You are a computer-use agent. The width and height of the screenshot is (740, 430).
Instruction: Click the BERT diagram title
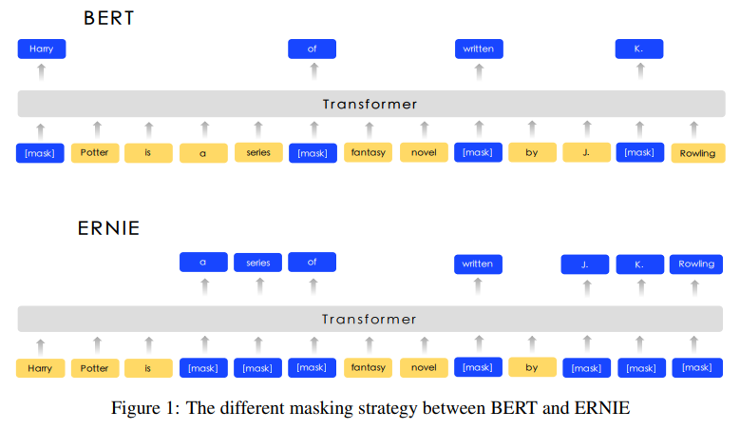[109, 18]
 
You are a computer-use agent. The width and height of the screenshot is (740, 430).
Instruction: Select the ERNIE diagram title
[108, 228]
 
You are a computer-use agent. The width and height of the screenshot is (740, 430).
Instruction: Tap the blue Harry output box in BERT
[42, 49]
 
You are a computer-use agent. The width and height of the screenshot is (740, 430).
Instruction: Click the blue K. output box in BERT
[639, 49]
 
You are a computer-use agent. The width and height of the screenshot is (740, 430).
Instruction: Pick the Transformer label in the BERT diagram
[370, 104]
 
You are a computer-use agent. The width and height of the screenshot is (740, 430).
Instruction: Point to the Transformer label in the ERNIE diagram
[370, 319]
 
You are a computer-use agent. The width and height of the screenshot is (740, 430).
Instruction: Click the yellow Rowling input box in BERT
[698, 153]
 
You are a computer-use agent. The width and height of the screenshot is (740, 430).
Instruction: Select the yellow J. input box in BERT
[587, 152]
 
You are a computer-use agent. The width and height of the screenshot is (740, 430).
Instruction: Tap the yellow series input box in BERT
[258, 152]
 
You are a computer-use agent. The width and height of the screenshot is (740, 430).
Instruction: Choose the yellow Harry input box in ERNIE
[40, 368]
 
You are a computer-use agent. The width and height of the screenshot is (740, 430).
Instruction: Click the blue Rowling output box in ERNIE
[696, 264]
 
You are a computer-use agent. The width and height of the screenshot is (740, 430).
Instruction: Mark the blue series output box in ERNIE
[257, 263]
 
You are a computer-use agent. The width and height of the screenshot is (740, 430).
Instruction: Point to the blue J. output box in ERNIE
[585, 264]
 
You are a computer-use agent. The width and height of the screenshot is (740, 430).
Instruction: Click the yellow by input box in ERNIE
[532, 367]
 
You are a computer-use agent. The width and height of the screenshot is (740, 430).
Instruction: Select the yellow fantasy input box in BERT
[369, 152]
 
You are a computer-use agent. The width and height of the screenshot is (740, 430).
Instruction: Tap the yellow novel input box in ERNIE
[424, 367]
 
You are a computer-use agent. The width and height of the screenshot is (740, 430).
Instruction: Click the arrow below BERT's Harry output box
[42, 72]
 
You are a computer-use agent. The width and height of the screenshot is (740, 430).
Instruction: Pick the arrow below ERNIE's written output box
[478, 286]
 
